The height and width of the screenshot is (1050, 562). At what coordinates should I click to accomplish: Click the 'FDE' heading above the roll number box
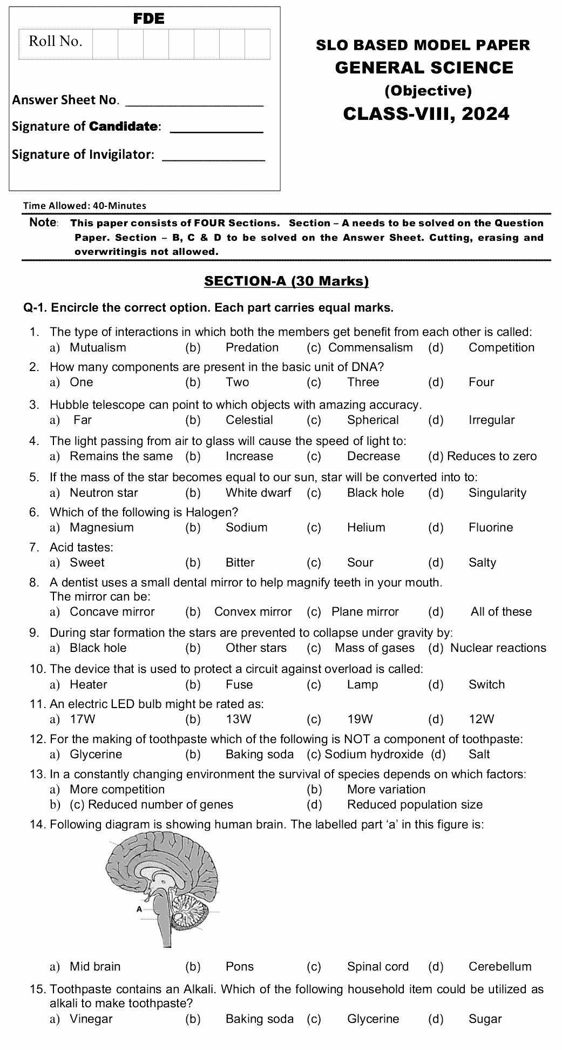pos(148,19)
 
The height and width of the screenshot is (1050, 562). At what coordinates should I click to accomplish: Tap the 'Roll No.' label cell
pos(55,42)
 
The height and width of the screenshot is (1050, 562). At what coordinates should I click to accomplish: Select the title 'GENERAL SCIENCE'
pos(424,68)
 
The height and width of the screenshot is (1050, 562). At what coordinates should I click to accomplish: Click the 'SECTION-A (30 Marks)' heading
pos(286,281)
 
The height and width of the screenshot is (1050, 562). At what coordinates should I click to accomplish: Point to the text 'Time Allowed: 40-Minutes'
pos(85,205)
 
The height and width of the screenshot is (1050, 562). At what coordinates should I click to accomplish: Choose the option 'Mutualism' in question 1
pos(98,348)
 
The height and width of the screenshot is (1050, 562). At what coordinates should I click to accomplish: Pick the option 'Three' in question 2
pos(363,382)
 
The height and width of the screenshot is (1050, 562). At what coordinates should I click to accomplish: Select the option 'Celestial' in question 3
pos(249,420)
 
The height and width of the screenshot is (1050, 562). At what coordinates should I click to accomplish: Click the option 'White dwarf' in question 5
pos(258,493)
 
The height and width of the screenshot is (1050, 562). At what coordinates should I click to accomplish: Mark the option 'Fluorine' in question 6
pos(490,528)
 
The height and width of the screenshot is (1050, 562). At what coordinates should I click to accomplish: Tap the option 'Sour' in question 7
pos(360,563)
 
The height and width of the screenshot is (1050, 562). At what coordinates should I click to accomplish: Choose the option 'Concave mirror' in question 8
pos(112,612)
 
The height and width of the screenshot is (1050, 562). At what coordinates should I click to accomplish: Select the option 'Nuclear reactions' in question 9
pos(498,648)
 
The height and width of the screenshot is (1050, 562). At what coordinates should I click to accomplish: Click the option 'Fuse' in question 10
pos(239,685)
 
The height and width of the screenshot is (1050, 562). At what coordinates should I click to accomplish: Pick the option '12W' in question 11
pos(482,719)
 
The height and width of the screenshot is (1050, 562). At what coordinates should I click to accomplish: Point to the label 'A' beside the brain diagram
pos(139,909)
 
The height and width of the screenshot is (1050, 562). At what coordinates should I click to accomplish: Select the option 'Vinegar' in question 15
pos(91,1019)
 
